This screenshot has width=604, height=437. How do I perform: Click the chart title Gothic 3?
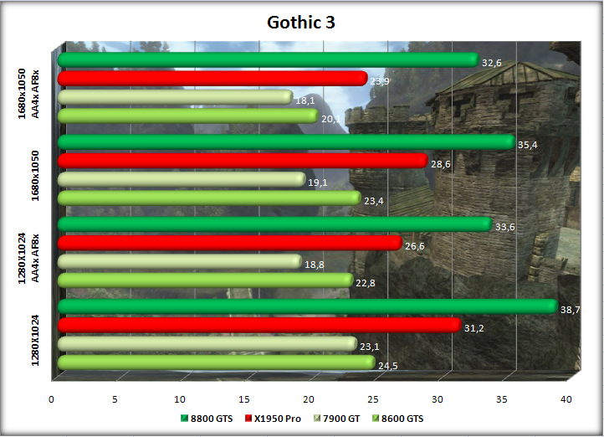301,23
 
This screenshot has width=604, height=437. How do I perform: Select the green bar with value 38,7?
306,306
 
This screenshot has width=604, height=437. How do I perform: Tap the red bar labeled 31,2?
258,325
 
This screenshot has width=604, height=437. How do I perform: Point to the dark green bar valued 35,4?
285,142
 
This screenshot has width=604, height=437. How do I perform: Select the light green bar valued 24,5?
216,362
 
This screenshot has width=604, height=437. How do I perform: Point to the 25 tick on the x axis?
374,398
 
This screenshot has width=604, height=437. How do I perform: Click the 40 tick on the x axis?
566,398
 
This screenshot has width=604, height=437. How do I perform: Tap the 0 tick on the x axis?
52,398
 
